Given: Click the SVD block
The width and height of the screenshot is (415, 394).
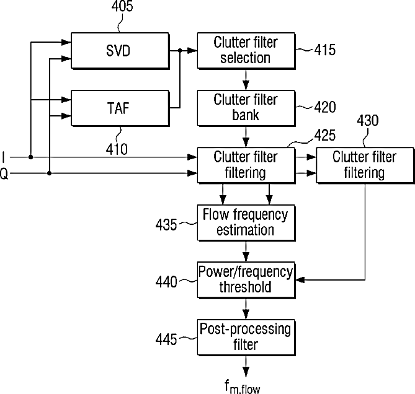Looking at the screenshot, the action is pos(120,51).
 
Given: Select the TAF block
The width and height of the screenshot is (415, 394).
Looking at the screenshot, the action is pos(120,108).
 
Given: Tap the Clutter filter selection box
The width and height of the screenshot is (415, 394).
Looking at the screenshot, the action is pos(246,51).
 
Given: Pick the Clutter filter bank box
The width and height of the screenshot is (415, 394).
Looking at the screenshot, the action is pos(246,108).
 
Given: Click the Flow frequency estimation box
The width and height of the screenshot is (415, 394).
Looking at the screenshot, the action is pos(246,222).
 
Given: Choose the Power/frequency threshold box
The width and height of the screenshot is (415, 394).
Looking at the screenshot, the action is pos(246,280).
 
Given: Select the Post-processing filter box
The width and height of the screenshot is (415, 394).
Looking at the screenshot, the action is pos(246,338).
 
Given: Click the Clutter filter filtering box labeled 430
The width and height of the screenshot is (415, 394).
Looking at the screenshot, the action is pos(365,165).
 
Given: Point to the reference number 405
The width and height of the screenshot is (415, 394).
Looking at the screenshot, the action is pos(122,6).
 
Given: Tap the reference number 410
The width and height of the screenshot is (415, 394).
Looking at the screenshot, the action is pos(117,149).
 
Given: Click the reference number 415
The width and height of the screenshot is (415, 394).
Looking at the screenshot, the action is pos(325,50).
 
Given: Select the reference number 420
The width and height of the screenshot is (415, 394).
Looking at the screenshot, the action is pos(325,107).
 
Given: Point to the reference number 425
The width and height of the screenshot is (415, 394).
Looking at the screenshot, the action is pos(325,135).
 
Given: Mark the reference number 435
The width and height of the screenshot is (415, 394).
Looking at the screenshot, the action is pos(166,225).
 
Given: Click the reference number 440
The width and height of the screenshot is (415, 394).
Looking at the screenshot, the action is pos(166,282).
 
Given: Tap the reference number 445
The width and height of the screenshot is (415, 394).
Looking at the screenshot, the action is pos(166,339).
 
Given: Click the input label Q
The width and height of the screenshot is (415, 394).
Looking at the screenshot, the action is pos(4,175).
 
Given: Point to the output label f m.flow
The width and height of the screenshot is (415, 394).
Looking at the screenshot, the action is pos(243,387).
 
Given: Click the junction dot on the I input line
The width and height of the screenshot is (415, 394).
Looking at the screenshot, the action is pos(30,157).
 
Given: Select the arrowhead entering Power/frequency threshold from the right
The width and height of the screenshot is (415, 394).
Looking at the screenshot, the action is pos(300,280).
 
